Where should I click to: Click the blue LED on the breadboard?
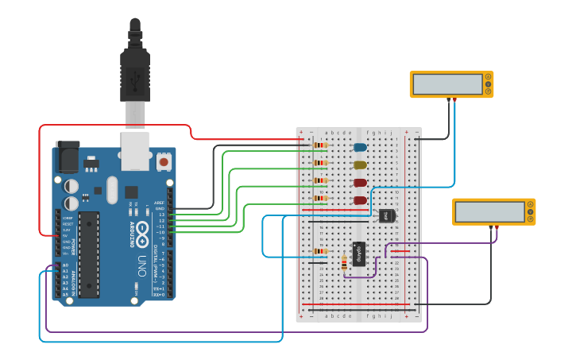360,147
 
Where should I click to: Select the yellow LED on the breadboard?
360,165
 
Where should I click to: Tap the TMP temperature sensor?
387,215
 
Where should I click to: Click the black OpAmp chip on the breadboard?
359,254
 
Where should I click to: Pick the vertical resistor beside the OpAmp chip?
343,262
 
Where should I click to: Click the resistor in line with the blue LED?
320,145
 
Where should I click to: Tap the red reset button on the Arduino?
164,162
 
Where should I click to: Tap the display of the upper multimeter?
447,83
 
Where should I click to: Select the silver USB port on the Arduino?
135,150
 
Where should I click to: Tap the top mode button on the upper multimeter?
487,77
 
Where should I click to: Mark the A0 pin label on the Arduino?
65,265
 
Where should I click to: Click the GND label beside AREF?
159,208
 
